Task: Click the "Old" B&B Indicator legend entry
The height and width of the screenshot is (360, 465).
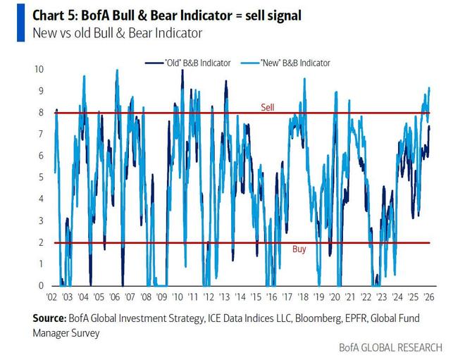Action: point(192,63)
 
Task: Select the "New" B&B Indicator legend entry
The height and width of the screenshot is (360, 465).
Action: point(291,63)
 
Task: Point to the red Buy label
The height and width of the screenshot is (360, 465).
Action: point(299,249)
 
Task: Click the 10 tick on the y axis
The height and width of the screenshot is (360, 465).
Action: point(39,69)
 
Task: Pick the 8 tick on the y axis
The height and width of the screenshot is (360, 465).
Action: point(42,112)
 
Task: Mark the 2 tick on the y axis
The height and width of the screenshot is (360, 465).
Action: point(42,242)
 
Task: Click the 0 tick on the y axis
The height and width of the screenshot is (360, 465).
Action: point(42,285)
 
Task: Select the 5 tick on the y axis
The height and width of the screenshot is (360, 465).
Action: point(42,178)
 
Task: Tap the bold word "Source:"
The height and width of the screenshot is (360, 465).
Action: point(49,318)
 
